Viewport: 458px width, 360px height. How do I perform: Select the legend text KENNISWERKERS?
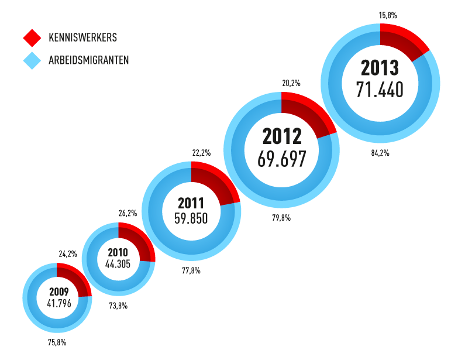(x=83, y=38)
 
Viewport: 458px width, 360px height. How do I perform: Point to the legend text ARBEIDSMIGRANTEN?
(x=89, y=60)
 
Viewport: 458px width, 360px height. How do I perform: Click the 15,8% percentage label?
(x=388, y=15)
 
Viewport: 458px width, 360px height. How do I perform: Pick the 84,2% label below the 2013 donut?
(x=380, y=153)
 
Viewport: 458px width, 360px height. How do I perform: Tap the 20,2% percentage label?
(x=291, y=83)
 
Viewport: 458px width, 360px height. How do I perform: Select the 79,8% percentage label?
(x=281, y=218)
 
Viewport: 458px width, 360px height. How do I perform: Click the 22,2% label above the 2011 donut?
(x=201, y=153)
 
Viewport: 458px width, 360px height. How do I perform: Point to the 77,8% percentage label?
(x=191, y=270)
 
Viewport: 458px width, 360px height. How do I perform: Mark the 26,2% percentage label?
(x=128, y=213)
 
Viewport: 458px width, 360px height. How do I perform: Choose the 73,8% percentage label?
(x=118, y=306)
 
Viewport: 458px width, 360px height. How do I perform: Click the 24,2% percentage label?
(x=68, y=254)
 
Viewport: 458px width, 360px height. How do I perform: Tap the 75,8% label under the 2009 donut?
(x=57, y=342)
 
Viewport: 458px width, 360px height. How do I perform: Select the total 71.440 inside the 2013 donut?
(x=380, y=90)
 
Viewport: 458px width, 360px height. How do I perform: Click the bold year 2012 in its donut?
(x=282, y=136)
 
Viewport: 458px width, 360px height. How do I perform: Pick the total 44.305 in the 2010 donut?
(x=118, y=264)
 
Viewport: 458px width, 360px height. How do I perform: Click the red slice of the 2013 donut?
(x=404, y=41)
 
